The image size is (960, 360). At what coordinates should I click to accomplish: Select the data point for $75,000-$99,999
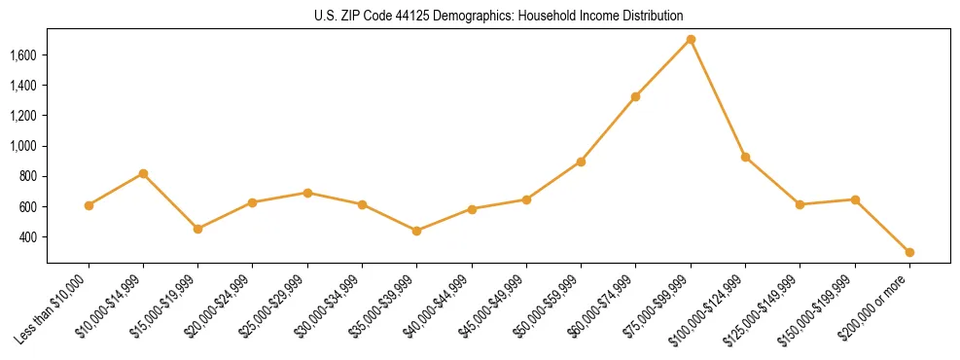pyautogui.click(x=691, y=39)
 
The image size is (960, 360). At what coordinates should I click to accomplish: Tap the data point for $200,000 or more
pyautogui.click(x=909, y=252)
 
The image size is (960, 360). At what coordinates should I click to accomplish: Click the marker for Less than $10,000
pyautogui.click(x=89, y=205)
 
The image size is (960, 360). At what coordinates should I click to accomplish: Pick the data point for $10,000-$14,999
pyautogui.click(x=143, y=173)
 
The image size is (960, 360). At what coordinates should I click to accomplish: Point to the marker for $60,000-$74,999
pyautogui.click(x=635, y=96)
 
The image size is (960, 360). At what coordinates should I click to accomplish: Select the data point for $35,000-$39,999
pyautogui.click(x=416, y=231)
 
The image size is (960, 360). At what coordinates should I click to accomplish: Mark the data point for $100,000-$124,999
pyautogui.click(x=745, y=157)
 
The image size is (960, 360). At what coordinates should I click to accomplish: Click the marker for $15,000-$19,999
pyautogui.click(x=197, y=229)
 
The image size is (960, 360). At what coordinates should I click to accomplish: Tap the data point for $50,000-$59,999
pyautogui.click(x=581, y=162)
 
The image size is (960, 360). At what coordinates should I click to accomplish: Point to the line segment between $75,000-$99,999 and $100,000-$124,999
pyautogui.click(x=718, y=97)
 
